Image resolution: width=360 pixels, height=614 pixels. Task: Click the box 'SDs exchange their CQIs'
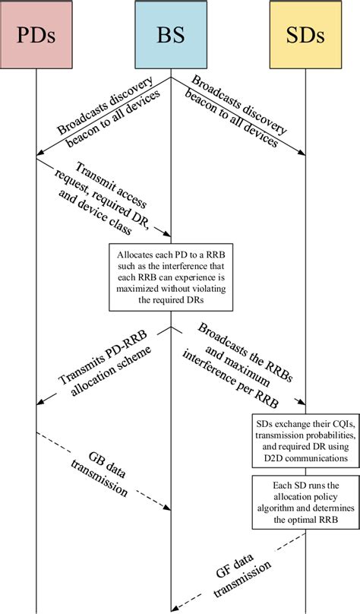(305, 439)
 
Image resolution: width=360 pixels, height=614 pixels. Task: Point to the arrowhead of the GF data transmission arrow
(175, 606)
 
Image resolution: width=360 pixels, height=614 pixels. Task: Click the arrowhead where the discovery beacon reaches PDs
(40, 157)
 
